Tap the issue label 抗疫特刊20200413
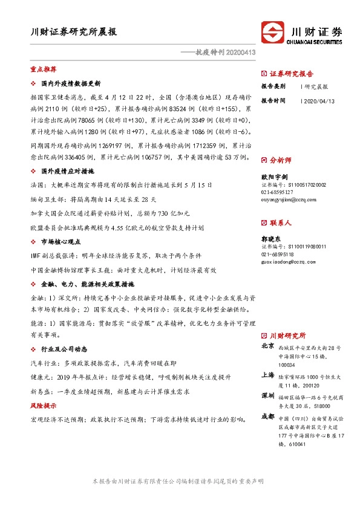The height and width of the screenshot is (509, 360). coord(221,53)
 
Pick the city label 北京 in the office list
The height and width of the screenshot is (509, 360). coord(267,346)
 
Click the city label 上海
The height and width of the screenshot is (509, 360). coord(267,375)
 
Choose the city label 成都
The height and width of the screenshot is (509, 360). coord(267,417)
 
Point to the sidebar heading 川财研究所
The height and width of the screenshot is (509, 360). coord(287,336)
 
